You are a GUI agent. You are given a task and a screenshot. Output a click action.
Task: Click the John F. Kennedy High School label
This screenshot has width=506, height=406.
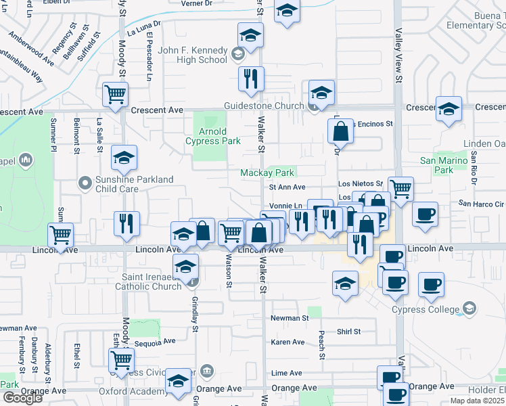tap(192, 55)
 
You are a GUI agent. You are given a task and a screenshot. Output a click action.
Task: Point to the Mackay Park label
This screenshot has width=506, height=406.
tap(267, 173)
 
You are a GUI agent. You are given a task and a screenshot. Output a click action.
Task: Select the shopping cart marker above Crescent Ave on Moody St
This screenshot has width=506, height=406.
tap(116, 94)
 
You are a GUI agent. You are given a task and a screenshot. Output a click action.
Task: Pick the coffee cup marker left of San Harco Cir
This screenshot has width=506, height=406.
tap(424, 214)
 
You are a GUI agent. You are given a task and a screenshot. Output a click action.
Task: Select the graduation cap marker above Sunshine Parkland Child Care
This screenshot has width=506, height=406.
tap(124, 158)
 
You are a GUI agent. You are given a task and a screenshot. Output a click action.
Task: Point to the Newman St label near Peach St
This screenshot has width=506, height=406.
tap(290, 317)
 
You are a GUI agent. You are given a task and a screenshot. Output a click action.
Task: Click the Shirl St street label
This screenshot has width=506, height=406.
tap(349, 332)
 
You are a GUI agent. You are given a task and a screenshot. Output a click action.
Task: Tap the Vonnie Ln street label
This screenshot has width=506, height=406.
tap(285, 206)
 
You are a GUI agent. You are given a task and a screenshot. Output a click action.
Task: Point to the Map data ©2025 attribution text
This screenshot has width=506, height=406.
tap(477, 401)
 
